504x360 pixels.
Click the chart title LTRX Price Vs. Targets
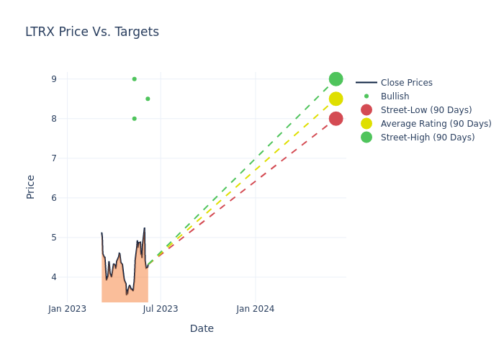coord(92,32)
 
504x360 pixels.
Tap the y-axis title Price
coord(31,186)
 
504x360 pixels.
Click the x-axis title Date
coord(202,328)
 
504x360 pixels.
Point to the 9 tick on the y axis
coord(53,79)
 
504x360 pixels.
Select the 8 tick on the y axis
coord(53,119)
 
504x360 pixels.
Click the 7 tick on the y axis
coord(53,158)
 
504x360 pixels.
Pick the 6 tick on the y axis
coord(53,198)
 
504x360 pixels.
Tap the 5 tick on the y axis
coord(53,238)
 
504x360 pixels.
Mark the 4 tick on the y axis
coord(53,277)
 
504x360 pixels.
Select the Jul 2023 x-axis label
coord(161,309)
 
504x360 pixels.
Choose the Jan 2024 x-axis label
coord(256,309)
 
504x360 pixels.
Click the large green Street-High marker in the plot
coord(336,79)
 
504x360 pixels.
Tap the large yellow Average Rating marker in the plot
coord(336,99)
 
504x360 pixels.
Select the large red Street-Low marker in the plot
coord(336,119)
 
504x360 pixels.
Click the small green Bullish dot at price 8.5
coord(148,99)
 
